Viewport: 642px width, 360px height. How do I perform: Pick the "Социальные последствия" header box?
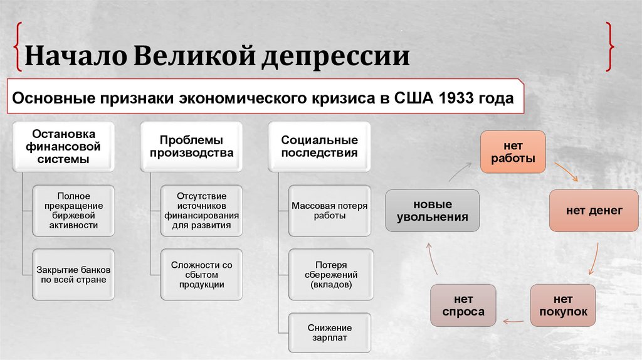tap(319, 146)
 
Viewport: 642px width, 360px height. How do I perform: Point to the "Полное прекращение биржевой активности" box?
tap(73, 211)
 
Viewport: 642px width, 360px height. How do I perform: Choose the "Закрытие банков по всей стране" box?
tap(73, 274)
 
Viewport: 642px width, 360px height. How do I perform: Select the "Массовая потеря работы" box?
tap(330, 211)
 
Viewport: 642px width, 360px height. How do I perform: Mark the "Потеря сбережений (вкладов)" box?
tap(330, 274)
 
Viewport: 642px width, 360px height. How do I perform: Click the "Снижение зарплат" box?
tap(330, 332)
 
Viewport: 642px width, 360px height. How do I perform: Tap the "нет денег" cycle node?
tap(585, 211)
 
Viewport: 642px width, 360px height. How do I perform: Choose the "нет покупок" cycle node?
tap(562, 305)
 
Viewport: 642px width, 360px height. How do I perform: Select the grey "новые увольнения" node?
tap(432, 211)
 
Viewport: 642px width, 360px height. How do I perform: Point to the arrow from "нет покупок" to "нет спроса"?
tap(513, 320)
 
